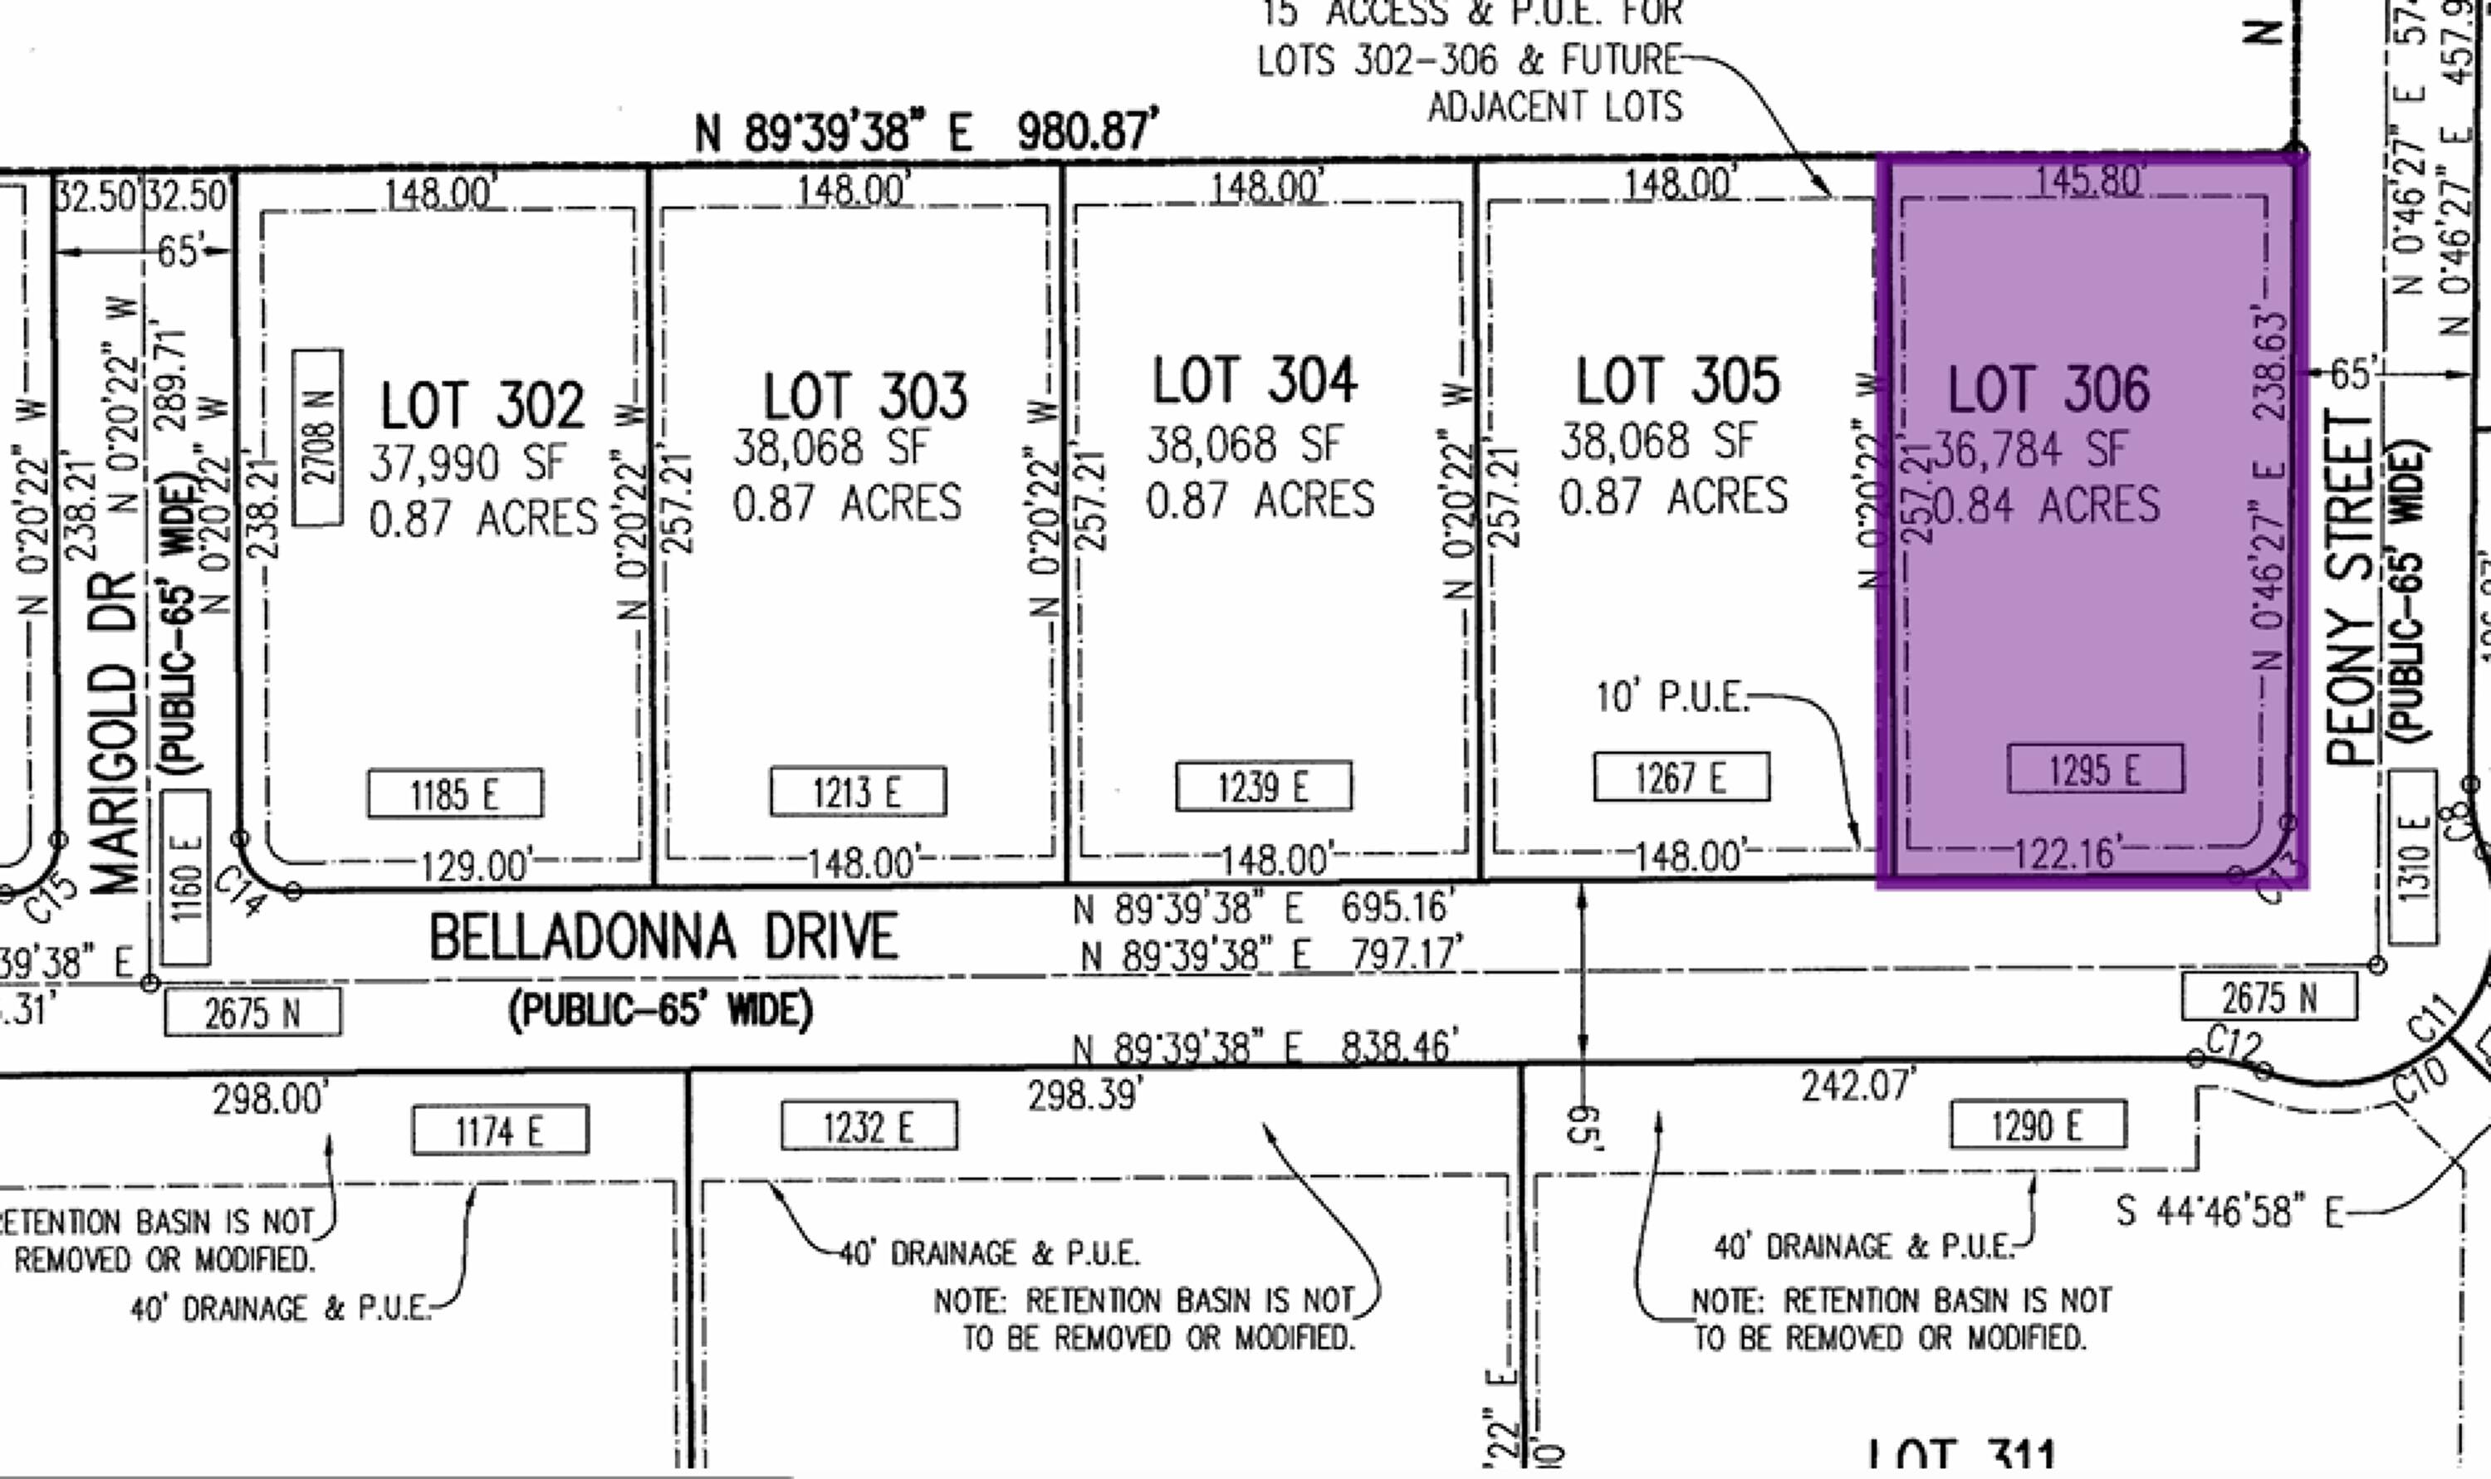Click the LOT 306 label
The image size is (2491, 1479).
2048,390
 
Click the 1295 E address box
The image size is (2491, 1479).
2094,769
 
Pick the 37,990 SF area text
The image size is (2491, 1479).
467,463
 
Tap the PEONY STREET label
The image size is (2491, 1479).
2351,588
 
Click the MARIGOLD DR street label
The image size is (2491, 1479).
115,733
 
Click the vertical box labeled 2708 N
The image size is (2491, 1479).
318,438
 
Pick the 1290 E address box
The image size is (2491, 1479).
2037,1126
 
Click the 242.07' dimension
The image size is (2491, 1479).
1857,1086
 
